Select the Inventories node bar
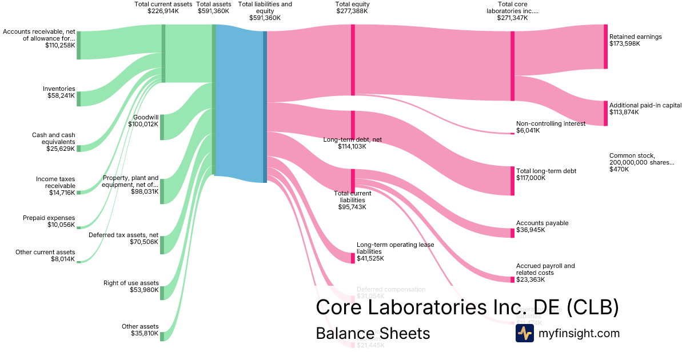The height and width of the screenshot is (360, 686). pyautogui.click(x=79, y=98)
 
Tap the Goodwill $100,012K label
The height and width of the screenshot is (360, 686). pyautogui.click(x=142, y=120)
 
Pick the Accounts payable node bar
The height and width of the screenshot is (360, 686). pyautogui.click(x=512, y=233)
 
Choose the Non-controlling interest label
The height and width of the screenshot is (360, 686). pyautogui.click(x=550, y=127)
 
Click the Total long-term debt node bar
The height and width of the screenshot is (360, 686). pyautogui.click(x=512, y=181)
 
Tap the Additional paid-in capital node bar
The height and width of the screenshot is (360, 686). pyautogui.click(x=605, y=113)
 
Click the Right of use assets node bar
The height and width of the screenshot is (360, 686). pyautogui.click(x=162, y=293)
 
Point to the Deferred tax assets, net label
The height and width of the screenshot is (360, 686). pyautogui.click(x=123, y=238)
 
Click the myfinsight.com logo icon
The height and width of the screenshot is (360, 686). pyautogui.click(x=524, y=333)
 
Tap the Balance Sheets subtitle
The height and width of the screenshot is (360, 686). pyautogui.click(x=373, y=333)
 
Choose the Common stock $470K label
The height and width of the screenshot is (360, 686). pyautogui.click(x=641, y=162)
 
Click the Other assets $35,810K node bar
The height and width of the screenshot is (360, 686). pyautogui.click(x=162, y=336)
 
